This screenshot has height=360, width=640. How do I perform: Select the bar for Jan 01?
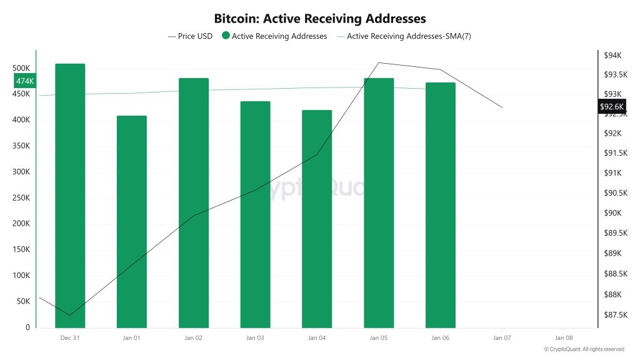point(132,221)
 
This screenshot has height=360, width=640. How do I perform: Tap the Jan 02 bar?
point(194,202)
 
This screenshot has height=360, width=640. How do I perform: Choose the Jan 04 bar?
point(317,219)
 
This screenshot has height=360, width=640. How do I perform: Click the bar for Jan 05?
point(379,202)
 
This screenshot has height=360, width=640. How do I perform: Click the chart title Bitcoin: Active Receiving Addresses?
point(320,19)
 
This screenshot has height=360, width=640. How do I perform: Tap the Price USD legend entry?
point(191,36)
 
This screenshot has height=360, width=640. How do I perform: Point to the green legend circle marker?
point(226,36)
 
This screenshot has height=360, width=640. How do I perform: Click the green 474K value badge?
point(25,81)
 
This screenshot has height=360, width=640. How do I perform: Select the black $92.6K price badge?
point(612,107)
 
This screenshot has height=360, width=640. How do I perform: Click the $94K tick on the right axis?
point(612,56)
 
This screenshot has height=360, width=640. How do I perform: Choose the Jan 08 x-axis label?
point(564,338)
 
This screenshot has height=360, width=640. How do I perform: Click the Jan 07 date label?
point(502,338)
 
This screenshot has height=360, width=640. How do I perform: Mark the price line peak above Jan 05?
point(379,62)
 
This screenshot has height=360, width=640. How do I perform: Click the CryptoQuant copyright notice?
point(584,349)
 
